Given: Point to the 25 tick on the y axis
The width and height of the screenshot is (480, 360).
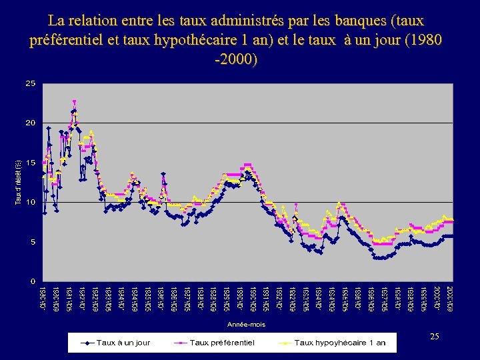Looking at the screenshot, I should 30,84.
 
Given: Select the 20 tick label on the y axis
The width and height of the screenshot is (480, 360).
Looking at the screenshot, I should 30,123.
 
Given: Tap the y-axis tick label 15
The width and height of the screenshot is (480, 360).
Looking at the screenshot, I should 30,163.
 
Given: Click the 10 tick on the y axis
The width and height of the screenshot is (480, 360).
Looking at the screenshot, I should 30,202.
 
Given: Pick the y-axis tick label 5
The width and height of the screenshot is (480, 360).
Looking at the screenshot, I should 32,241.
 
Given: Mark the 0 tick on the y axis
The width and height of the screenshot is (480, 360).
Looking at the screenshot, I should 32,281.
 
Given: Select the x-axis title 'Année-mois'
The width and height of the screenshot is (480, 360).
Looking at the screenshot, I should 246,323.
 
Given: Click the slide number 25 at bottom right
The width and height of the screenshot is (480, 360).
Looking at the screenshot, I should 434,337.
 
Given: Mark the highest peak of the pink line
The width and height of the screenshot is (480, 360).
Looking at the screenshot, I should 74,101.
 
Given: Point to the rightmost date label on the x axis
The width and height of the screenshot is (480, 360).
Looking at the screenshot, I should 450,297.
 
